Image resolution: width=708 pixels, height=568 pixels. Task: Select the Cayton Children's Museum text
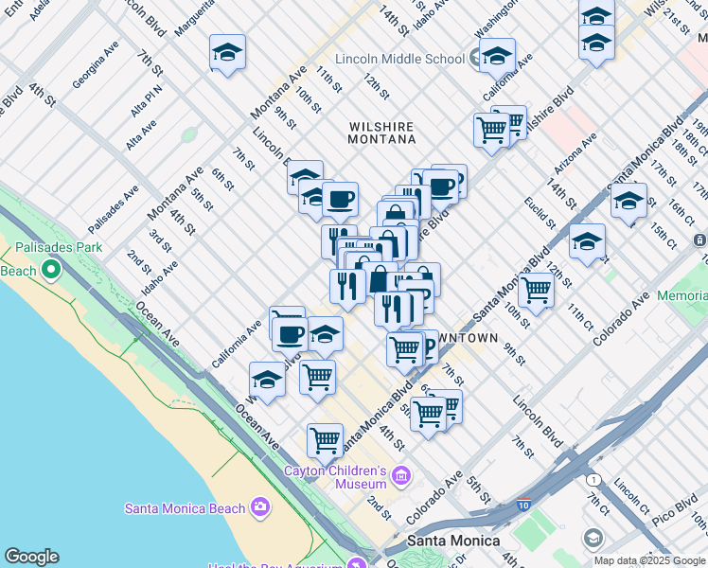click(336, 477)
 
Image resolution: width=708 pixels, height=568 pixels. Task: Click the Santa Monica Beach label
click(185, 508)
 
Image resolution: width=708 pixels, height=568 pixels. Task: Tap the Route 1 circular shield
click(593, 480)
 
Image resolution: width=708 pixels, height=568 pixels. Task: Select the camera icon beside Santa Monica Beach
click(259, 508)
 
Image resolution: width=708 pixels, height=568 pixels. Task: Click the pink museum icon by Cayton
click(401, 473)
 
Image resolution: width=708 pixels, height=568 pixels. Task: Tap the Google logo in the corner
click(30, 557)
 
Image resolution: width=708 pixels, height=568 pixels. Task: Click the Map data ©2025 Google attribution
click(650, 560)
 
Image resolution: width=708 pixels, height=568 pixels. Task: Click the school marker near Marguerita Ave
click(227, 53)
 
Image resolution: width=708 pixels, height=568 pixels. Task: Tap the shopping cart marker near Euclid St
click(536, 291)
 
